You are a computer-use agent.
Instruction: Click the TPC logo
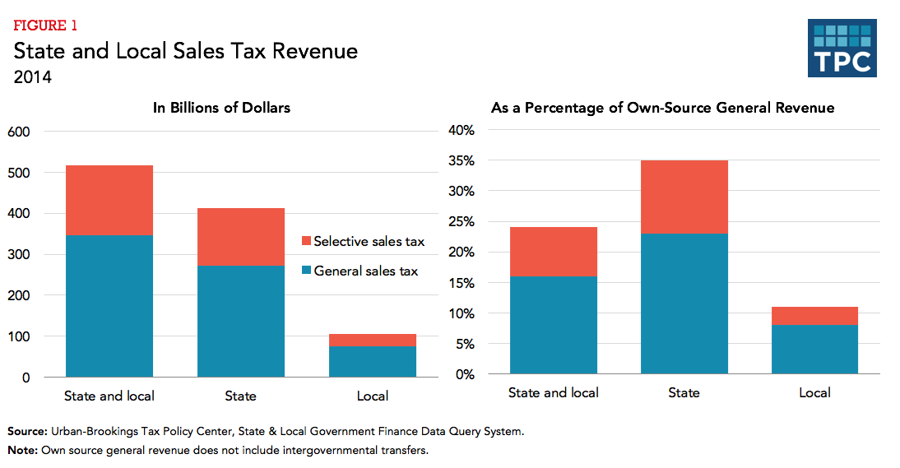click(x=841, y=49)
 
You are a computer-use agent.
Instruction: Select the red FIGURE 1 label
click(x=45, y=26)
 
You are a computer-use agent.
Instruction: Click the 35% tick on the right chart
click(x=461, y=160)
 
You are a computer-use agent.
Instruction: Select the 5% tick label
click(x=464, y=344)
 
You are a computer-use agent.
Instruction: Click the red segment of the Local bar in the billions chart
click(x=372, y=340)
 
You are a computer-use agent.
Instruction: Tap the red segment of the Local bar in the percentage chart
click(x=814, y=316)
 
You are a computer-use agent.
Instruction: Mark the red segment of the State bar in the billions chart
click(x=240, y=237)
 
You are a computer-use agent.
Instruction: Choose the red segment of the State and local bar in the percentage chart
click(x=553, y=251)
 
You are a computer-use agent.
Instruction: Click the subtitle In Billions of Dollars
click(x=221, y=108)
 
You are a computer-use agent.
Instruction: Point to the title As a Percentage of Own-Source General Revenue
click(x=662, y=108)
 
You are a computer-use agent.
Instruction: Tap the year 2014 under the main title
click(x=33, y=78)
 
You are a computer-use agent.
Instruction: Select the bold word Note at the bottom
click(x=22, y=450)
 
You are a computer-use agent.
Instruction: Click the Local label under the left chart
click(x=372, y=396)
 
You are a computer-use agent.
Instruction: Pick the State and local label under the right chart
click(x=553, y=392)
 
